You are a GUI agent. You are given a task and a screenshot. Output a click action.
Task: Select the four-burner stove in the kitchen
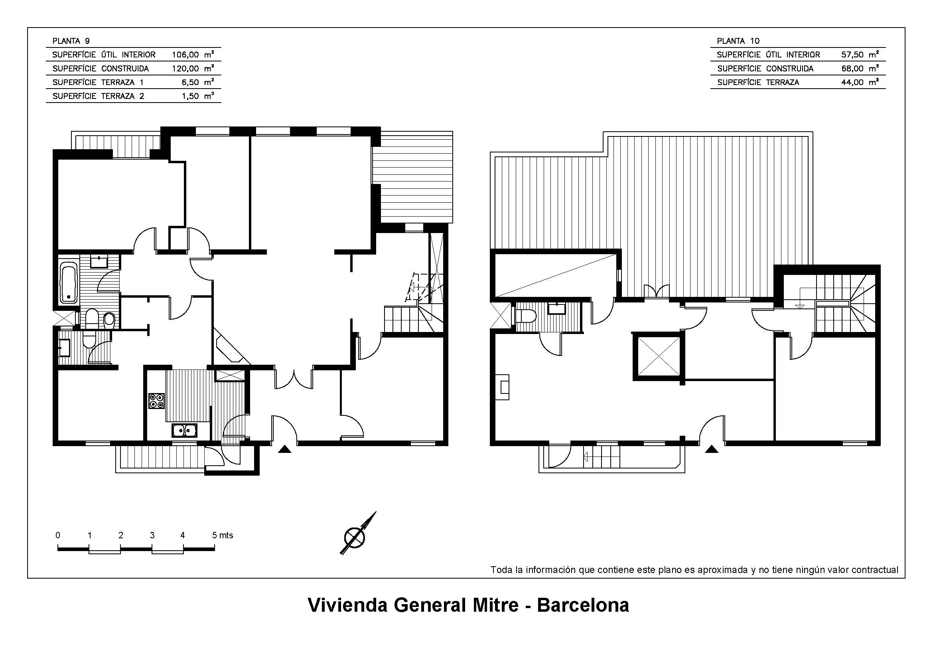[156, 401]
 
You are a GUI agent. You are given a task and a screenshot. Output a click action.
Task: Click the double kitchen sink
[184, 431]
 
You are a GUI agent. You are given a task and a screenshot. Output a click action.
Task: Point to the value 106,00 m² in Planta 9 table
[193, 54]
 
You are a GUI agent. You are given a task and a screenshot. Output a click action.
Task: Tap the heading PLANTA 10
[738, 41]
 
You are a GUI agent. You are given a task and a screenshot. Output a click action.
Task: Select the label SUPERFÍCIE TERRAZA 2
[99, 96]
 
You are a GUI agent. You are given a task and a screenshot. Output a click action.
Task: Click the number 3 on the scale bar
[152, 536]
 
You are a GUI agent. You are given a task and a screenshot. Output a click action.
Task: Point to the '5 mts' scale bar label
[223, 536]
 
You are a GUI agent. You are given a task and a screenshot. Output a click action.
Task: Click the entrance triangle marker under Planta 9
[285, 449]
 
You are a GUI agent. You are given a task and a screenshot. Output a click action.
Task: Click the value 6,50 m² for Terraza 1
[198, 82]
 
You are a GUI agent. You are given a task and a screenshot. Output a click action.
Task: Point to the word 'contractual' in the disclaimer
[875, 570]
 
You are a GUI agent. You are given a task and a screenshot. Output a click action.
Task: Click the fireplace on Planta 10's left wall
[503, 387]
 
